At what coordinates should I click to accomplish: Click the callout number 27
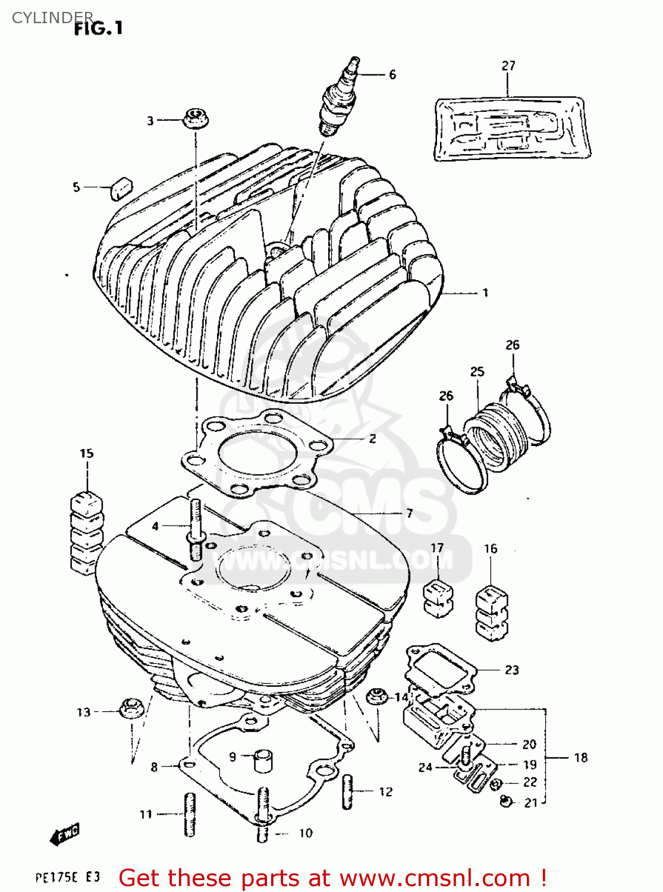point(508,65)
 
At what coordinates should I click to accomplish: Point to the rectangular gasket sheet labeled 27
point(511,129)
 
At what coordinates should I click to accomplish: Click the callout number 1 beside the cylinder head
point(485,293)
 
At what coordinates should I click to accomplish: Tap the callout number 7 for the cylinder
point(409,513)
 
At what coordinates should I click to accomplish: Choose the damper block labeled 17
point(438,597)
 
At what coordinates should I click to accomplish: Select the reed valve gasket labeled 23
point(441,670)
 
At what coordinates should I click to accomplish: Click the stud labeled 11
point(190,815)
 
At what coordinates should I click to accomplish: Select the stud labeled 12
point(348,792)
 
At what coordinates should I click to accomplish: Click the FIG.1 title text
point(98,28)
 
